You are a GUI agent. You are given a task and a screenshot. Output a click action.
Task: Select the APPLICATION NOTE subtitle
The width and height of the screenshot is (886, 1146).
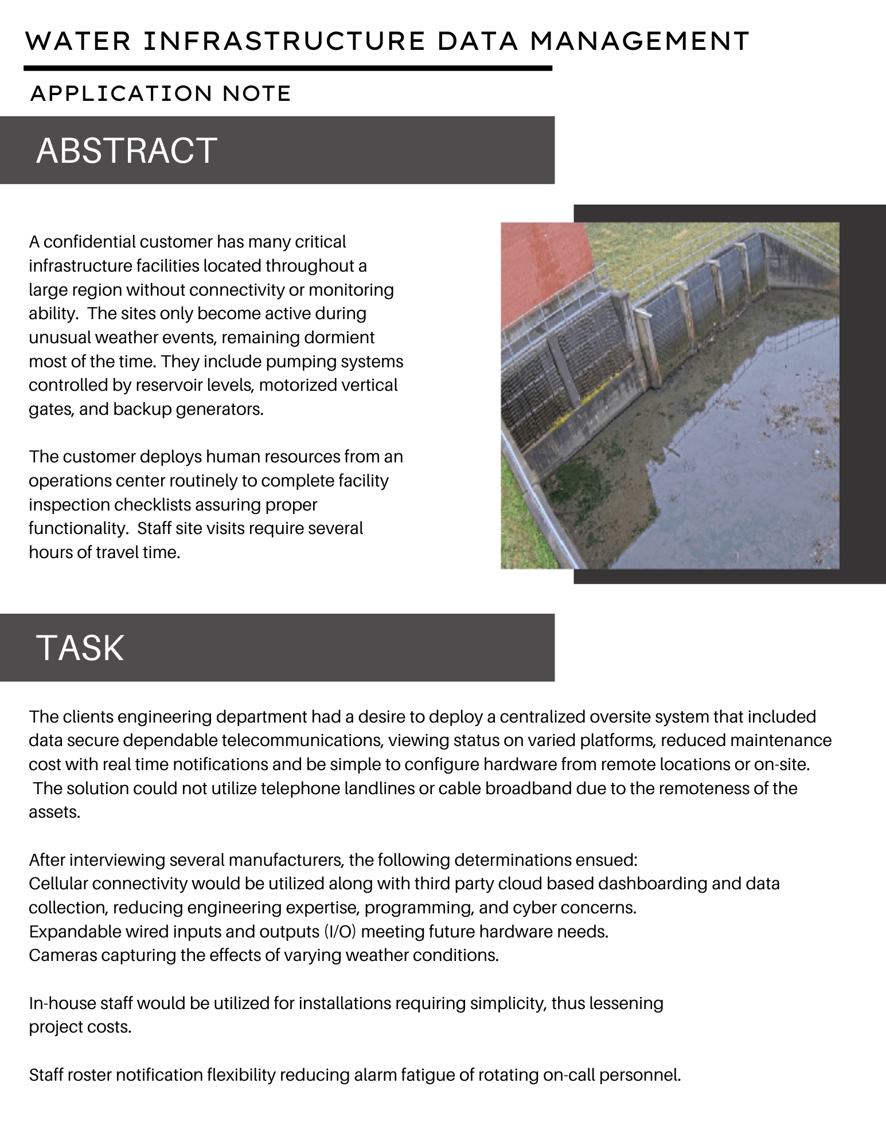click(x=161, y=93)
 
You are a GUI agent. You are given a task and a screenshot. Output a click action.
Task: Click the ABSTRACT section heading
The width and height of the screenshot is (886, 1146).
click(x=127, y=151)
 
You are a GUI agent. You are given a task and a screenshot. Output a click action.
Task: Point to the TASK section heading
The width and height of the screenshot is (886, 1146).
click(x=80, y=648)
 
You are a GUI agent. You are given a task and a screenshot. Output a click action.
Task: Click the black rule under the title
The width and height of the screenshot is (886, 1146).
click(x=287, y=68)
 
